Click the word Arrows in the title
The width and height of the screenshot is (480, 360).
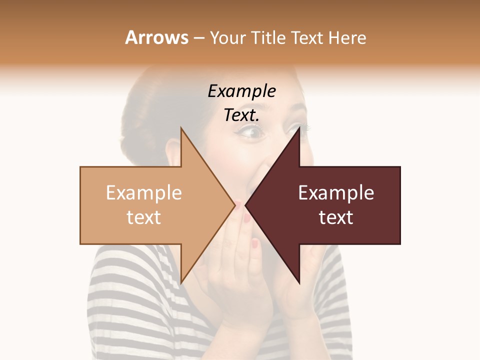pos(157,37)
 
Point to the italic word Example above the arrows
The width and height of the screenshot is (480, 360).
pos(241,91)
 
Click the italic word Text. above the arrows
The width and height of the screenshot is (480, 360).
pos(241,115)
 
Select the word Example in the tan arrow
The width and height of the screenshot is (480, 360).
pos(143,193)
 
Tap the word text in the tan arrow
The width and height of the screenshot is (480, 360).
pos(143,217)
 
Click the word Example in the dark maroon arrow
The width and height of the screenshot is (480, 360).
pos(336,193)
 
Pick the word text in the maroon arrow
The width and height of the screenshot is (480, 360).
pos(336,217)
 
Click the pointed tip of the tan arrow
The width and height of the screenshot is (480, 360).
pos(234,205)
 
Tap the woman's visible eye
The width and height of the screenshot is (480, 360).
pos(249,132)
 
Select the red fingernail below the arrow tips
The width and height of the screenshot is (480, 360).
pos(255,244)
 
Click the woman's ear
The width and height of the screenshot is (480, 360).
pos(172,150)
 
